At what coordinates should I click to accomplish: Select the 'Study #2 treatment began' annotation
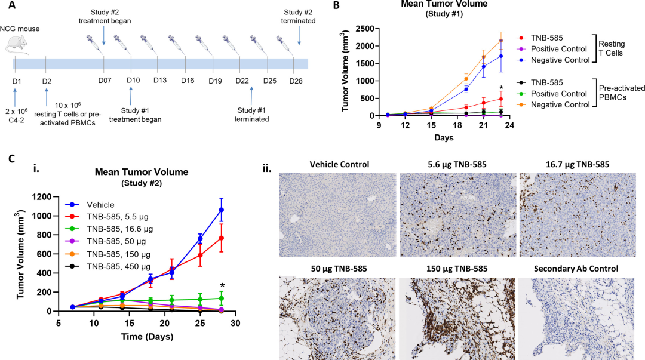coord(105,16)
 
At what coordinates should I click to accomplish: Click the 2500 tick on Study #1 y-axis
coord(369,29)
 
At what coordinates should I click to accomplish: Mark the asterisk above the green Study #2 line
coord(222,285)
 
